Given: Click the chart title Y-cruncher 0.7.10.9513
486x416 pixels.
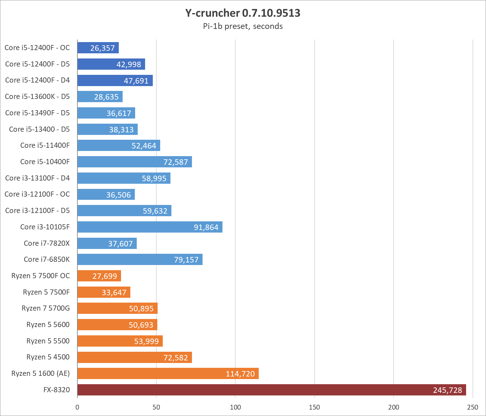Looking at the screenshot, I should pyautogui.click(x=243, y=13).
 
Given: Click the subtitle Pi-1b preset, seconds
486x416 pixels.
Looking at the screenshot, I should pyautogui.click(x=243, y=26).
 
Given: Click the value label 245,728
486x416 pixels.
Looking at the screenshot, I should pyautogui.click(x=447, y=390).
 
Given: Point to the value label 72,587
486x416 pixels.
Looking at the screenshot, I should pyautogui.click(x=176, y=162).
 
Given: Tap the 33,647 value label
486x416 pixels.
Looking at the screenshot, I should pyautogui.click(x=114, y=292).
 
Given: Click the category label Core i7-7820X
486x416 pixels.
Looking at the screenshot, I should pyautogui.click(x=47, y=243).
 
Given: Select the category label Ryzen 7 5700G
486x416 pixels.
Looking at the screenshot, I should pyautogui.click(x=46, y=308).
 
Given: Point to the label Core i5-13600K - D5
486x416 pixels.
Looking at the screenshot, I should pyautogui.click(x=37, y=96).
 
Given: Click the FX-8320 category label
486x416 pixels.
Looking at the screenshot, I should pyautogui.click(x=56, y=390).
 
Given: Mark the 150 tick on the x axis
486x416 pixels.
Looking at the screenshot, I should pyautogui.click(x=314, y=407).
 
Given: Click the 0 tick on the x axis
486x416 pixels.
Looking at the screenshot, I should pyautogui.click(x=77, y=407).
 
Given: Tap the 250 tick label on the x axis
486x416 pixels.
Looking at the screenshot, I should pyautogui.click(x=473, y=407).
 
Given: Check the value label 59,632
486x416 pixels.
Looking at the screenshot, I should pyautogui.click(x=155, y=211).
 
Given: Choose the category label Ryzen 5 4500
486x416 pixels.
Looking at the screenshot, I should pyautogui.click(x=48, y=357).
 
